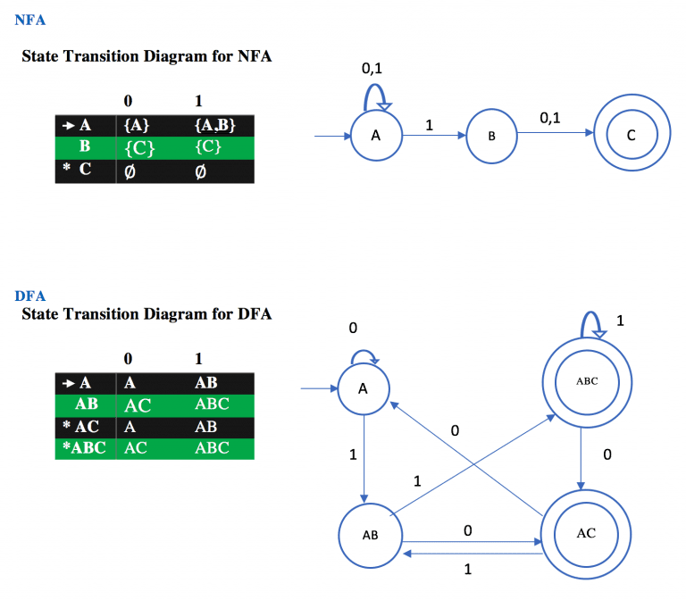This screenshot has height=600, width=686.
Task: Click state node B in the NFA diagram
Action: (x=491, y=137)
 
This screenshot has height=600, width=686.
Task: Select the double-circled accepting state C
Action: (x=632, y=137)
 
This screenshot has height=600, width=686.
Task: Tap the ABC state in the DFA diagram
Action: (x=587, y=381)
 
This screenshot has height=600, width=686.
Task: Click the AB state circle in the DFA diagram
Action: (x=370, y=537)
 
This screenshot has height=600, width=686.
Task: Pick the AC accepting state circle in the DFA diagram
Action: (x=586, y=533)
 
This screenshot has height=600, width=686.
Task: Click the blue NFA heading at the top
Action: (x=29, y=20)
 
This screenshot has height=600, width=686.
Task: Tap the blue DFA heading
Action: (x=29, y=296)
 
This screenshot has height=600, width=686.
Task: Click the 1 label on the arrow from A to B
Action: (x=429, y=126)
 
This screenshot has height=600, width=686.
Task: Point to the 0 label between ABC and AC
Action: (x=607, y=454)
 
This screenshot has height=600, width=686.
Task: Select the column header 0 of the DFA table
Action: (x=129, y=359)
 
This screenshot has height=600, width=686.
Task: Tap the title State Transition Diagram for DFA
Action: (x=146, y=314)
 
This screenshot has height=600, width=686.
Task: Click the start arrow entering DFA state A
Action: (x=317, y=389)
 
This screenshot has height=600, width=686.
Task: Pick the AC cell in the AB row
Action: (x=138, y=405)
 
